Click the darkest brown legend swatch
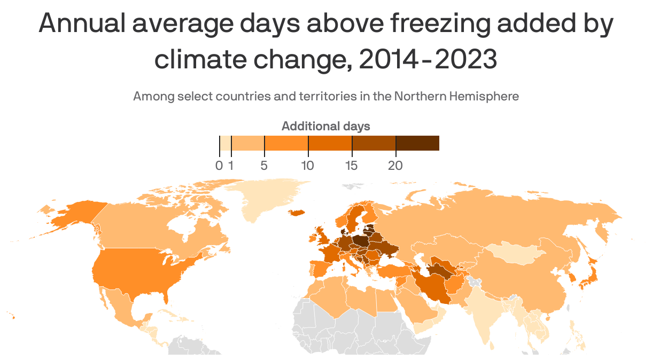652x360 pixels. point(417,143)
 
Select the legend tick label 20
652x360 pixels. point(395,166)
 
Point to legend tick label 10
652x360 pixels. point(307,166)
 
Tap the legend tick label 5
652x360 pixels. point(264,166)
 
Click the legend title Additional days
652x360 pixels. point(325,127)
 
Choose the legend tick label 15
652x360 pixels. point(351,166)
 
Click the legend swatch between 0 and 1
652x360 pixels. point(226,143)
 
